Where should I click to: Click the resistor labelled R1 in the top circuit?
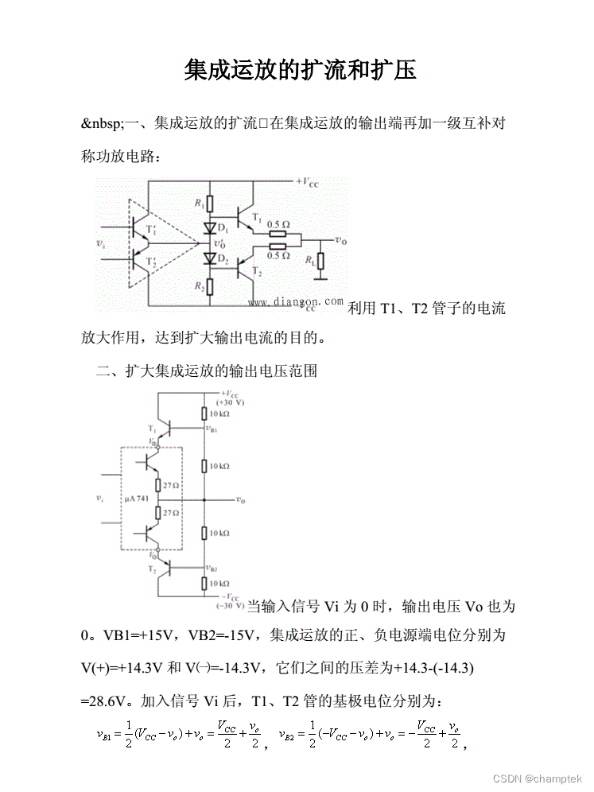click(x=209, y=204)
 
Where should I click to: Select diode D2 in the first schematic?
click(x=209, y=258)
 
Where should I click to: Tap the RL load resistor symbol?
click(x=320, y=262)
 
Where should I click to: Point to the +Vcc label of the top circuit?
click(x=309, y=182)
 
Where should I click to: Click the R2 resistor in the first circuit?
click(x=209, y=287)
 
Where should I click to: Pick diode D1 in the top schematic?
click(x=209, y=228)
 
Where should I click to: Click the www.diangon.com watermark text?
click(x=296, y=302)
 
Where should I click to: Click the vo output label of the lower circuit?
click(x=240, y=501)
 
